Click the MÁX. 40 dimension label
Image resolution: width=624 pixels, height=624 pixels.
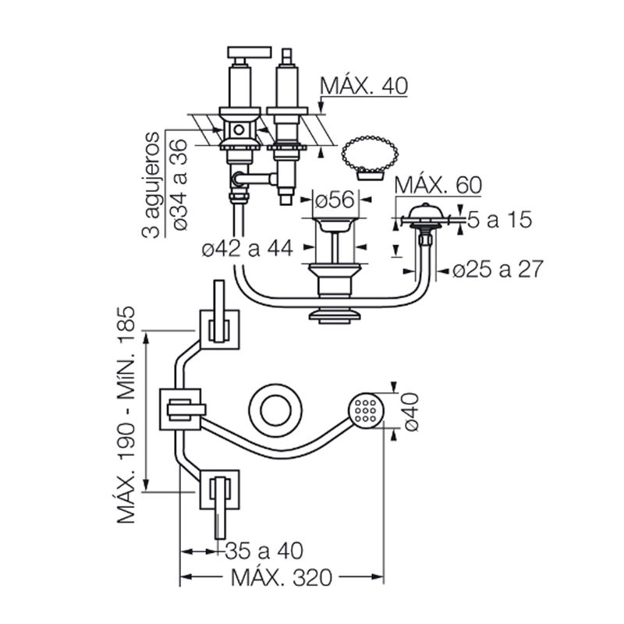click(363, 86)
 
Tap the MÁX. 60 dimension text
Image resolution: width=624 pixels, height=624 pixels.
click(438, 184)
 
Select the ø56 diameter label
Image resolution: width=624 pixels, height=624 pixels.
click(335, 200)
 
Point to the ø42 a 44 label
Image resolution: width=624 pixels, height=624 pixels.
click(247, 249)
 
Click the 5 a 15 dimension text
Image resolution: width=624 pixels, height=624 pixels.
click(499, 219)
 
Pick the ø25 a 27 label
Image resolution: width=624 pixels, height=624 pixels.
click(498, 269)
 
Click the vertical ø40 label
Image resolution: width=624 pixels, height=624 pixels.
click(410, 412)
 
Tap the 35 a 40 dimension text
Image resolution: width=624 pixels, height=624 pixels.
click(264, 551)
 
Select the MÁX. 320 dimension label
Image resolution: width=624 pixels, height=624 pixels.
click(282, 577)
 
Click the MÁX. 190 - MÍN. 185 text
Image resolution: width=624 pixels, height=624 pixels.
click(126, 414)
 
